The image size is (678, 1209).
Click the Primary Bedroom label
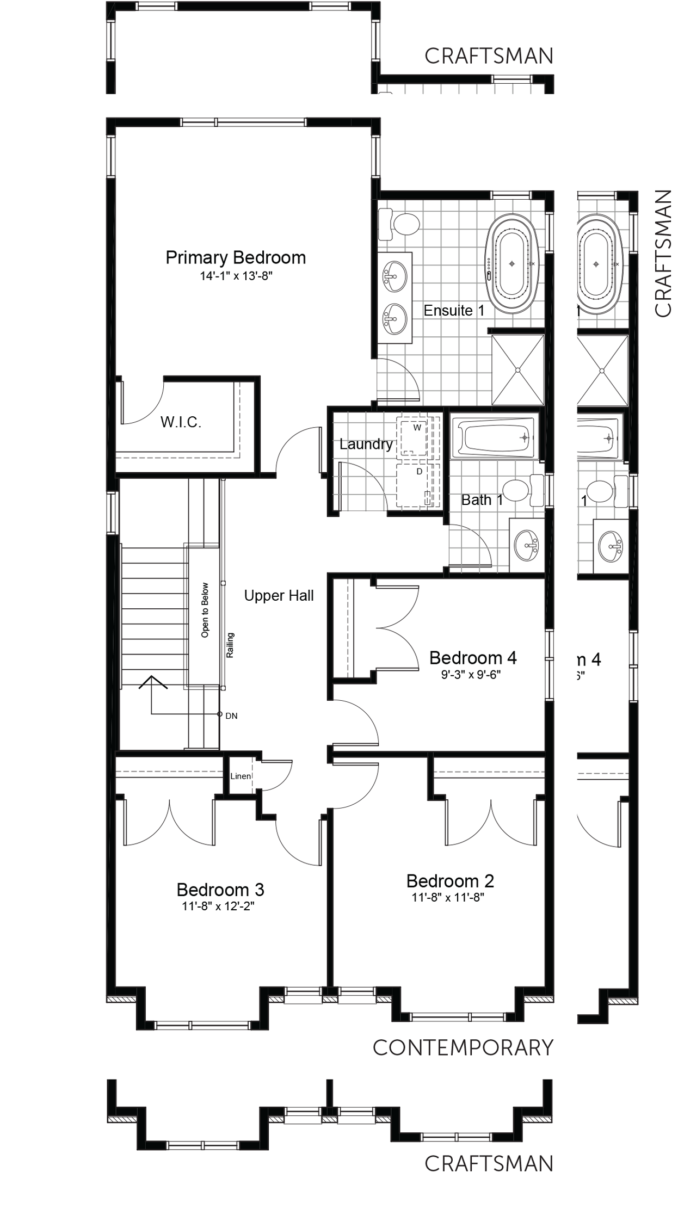[x=236, y=257]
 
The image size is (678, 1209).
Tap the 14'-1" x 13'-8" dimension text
[x=236, y=276]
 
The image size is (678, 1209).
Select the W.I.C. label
[x=181, y=422]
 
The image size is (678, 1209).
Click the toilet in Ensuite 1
[x=399, y=224]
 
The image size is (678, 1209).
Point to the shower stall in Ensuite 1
[x=517, y=370]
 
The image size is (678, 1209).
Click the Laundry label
[x=366, y=445]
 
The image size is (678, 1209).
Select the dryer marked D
[x=417, y=485]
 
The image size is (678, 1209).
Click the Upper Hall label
[x=279, y=596]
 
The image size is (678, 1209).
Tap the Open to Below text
[x=205, y=610]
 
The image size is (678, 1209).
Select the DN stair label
[x=231, y=716]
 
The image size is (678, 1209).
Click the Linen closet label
[x=241, y=776]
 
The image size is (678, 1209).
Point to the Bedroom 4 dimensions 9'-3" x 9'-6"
[x=471, y=675]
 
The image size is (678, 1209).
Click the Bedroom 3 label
[x=220, y=890]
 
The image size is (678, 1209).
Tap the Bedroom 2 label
[x=451, y=881]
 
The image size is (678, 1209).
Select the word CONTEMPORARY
[x=463, y=1047]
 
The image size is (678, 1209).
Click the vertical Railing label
[x=230, y=645]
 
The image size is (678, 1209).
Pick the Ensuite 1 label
[x=454, y=311]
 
